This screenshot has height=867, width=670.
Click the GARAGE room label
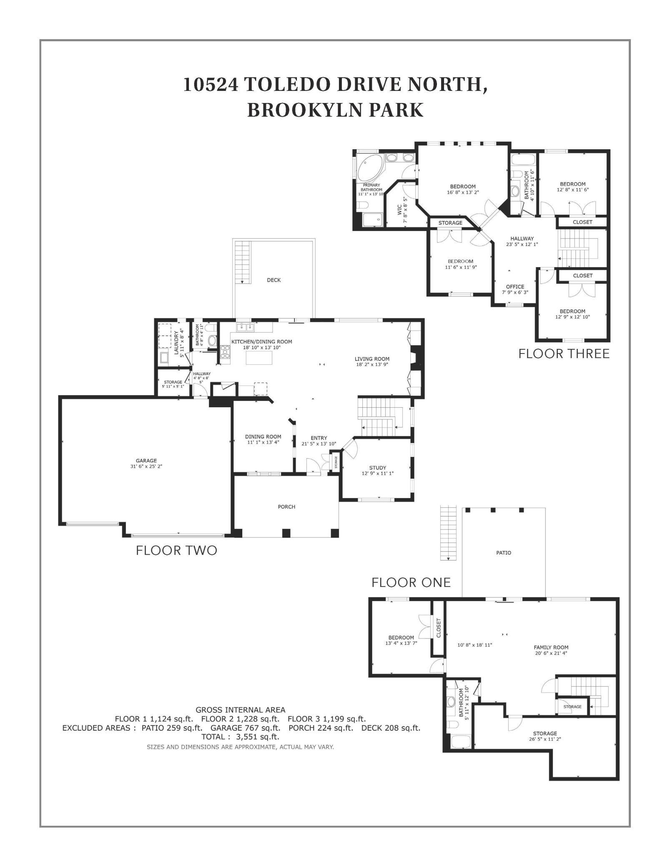[x=146, y=461]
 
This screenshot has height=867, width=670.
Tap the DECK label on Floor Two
[x=274, y=280]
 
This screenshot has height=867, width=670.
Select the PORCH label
[x=286, y=507]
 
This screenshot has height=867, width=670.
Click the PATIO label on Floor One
[x=503, y=553]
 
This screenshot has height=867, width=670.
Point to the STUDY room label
[x=377, y=468]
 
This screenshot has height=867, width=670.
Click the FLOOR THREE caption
[x=564, y=354]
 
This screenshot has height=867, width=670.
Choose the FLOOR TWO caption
[x=176, y=551]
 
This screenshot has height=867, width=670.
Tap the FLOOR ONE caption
[x=411, y=582]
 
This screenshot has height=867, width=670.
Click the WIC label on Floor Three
[x=399, y=210]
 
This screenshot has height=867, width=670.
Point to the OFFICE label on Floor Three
[x=515, y=287]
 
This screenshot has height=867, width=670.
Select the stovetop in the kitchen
[x=225, y=352]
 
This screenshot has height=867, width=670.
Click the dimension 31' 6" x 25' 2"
[x=146, y=466]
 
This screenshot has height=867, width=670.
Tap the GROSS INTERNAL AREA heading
[x=240, y=710]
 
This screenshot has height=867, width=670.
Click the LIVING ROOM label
[x=372, y=359]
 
